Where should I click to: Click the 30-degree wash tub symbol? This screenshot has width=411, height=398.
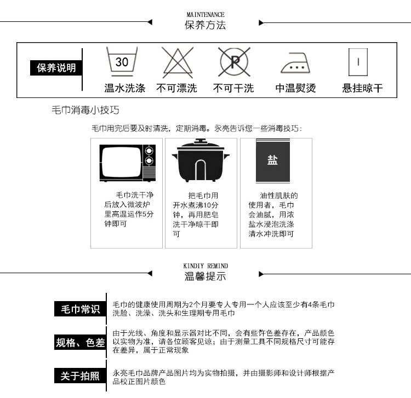tap(122, 61)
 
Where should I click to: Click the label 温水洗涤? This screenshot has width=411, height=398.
tap(125, 88)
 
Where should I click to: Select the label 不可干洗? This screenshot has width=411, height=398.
tap(233, 88)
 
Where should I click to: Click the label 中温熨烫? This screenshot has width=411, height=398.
tap(296, 88)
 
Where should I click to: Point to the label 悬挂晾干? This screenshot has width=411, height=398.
tap(362, 88)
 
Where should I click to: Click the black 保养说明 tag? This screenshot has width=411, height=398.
tap(56, 68)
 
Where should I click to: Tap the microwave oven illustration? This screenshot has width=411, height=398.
tap(127, 163)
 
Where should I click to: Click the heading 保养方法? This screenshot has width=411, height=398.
tap(206, 25)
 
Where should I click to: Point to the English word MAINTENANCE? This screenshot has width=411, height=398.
tap(206, 15)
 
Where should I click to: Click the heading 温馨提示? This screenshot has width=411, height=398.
tap(206, 276)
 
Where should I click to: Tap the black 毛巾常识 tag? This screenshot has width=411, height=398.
tap(79, 309)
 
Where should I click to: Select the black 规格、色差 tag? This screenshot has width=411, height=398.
tap(79, 343)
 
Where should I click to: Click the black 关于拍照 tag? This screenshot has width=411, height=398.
tap(79, 376)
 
